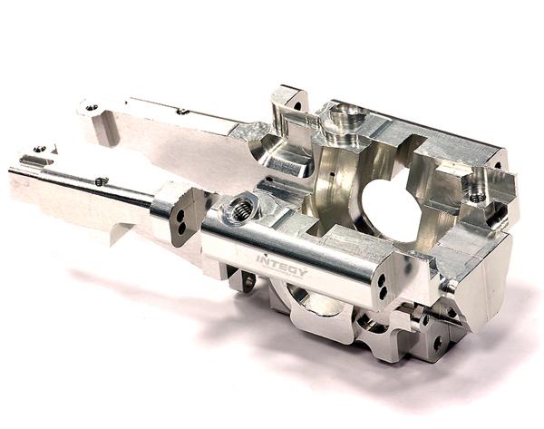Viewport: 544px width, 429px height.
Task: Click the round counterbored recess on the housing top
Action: (346, 117)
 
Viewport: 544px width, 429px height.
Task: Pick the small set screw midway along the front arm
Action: (102, 180)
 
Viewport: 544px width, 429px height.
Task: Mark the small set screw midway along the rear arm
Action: (182, 112)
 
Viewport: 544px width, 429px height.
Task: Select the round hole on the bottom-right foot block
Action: (437, 344)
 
